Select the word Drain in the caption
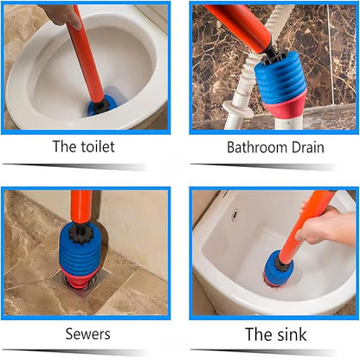pyautogui.click(x=308, y=147)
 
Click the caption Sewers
pyautogui.click(x=87, y=334)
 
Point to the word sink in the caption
pyautogui.click(x=292, y=334)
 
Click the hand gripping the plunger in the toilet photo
pyautogui.click(x=61, y=15)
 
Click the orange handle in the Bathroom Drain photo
pyautogui.click(x=240, y=25)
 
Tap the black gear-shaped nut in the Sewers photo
pyautogui.click(x=80, y=233)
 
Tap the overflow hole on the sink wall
pyautogui.click(x=235, y=214)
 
